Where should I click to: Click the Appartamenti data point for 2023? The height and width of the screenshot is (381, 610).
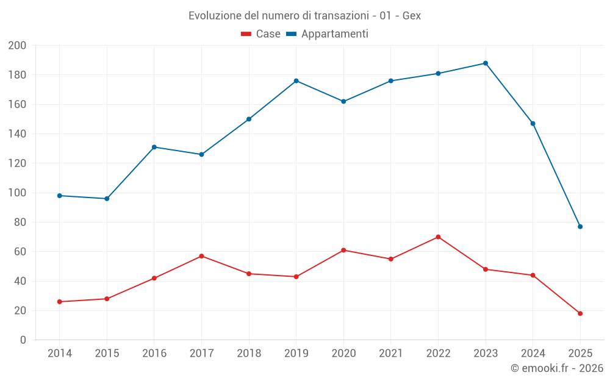click(x=486, y=63)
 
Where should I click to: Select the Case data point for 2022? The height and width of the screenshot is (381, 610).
click(x=438, y=237)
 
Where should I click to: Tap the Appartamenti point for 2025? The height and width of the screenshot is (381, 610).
click(x=580, y=227)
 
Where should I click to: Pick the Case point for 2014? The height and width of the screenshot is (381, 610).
click(x=59, y=302)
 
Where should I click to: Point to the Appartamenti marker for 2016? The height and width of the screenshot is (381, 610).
click(x=154, y=147)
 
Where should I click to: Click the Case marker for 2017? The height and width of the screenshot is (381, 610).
click(x=201, y=256)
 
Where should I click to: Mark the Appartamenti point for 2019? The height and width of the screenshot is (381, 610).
click(x=296, y=81)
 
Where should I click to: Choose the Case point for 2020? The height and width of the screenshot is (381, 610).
click(x=343, y=250)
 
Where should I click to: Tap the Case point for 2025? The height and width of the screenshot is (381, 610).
click(x=580, y=313)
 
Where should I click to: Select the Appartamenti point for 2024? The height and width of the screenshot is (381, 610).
click(x=533, y=124)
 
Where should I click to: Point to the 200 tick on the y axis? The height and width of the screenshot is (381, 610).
click(x=17, y=46)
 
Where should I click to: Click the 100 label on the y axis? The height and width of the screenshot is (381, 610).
click(x=17, y=193)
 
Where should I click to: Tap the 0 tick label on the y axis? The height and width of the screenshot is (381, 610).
click(x=23, y=340)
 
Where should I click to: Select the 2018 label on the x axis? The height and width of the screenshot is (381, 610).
click(x=249, y=354)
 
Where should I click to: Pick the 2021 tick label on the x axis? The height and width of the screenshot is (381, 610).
click(x=391, y=354)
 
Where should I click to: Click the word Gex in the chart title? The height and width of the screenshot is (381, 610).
click(x=412, y=16)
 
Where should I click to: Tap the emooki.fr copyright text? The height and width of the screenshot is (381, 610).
click(x=557, y=368)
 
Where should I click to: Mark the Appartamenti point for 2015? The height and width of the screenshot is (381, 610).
click(x=107, y=199)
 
